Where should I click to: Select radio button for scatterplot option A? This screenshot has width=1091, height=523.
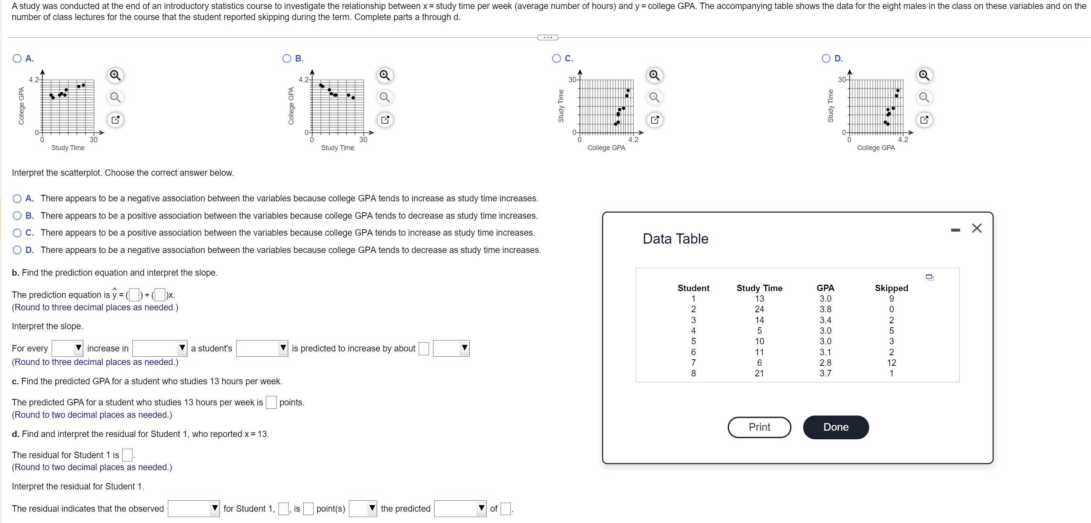[x=17, y=58]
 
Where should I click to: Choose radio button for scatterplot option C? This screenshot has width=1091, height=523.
[x=556, y=58]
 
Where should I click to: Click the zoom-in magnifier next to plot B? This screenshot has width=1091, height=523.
[x=384, y=75]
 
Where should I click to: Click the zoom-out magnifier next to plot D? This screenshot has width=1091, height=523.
[x=924, y=97]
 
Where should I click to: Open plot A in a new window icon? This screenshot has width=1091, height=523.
[x=115, y=120]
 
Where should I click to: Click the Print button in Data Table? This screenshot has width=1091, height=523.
[x=759, y=427]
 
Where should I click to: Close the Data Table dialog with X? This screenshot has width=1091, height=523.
[x=977, y=228]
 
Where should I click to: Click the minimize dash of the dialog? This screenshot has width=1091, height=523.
[x=956, y=230]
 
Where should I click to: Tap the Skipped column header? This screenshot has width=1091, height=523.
[x=891, y=288]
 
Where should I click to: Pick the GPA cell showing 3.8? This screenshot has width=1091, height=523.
[x=825, y=309]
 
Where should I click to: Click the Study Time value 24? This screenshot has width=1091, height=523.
[x=759, y=309]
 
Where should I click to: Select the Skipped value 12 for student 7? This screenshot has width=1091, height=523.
[x=891, y=362]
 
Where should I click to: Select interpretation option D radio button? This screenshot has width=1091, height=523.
[x=17, y=250]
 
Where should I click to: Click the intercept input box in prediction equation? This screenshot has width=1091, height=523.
[x=134, y=295]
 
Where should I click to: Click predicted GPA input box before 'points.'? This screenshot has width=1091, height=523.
[x=271, y=402]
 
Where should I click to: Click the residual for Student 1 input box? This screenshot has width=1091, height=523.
[x=127, y=455]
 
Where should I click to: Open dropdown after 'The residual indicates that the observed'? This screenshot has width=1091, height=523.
[x=194, y=508]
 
